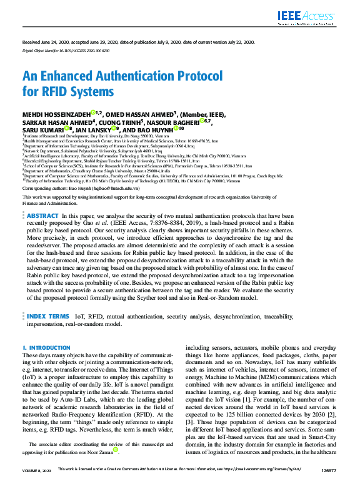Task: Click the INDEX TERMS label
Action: click(x=47, y=317)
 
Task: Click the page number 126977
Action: click(x=327, y=485)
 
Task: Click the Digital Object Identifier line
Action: click(x=66, y=49)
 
